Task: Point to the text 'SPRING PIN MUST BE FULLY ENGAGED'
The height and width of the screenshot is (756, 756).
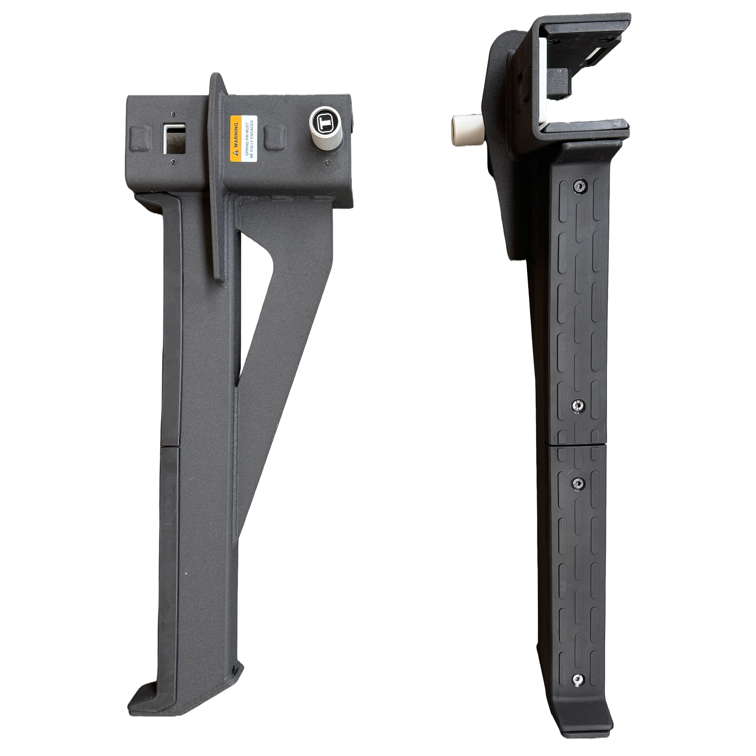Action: click(x=249, y=139)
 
